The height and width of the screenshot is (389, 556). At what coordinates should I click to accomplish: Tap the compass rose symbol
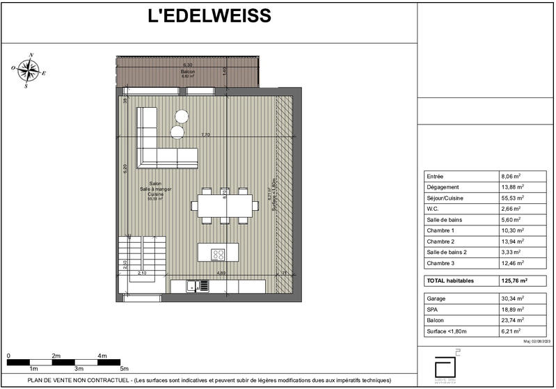click(29, 70)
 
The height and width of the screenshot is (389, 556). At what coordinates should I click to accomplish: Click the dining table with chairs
click(225, 205)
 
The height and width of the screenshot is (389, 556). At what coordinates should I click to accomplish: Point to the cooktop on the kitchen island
click(218, 254)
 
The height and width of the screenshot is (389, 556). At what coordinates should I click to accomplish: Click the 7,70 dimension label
click(205, 134)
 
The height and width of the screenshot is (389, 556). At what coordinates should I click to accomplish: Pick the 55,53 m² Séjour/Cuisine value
click(512, 198)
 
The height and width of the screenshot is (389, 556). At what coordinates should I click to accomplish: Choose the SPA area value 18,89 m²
click(512, 309)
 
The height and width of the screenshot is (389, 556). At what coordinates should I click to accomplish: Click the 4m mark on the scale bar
click(102, 356)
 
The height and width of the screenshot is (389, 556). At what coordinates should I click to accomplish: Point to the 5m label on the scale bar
click(125, 368)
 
